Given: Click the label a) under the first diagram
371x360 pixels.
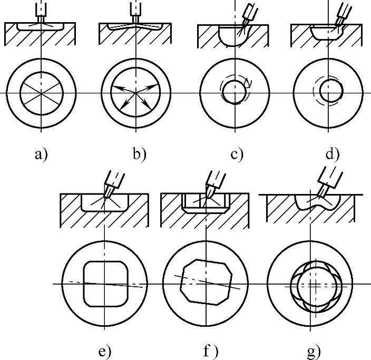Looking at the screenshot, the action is click(x=41, y=154).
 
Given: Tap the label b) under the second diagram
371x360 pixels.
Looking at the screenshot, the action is click(x=139, y=154).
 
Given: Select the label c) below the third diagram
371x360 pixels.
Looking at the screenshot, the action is click(x=237, y=154).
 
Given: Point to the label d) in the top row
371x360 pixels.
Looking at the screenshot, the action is click(x=333, y=154).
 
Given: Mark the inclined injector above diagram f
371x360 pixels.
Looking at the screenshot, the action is click(x=214, y=181).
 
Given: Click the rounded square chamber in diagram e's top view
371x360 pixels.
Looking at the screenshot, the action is click(x=105, y=283).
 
